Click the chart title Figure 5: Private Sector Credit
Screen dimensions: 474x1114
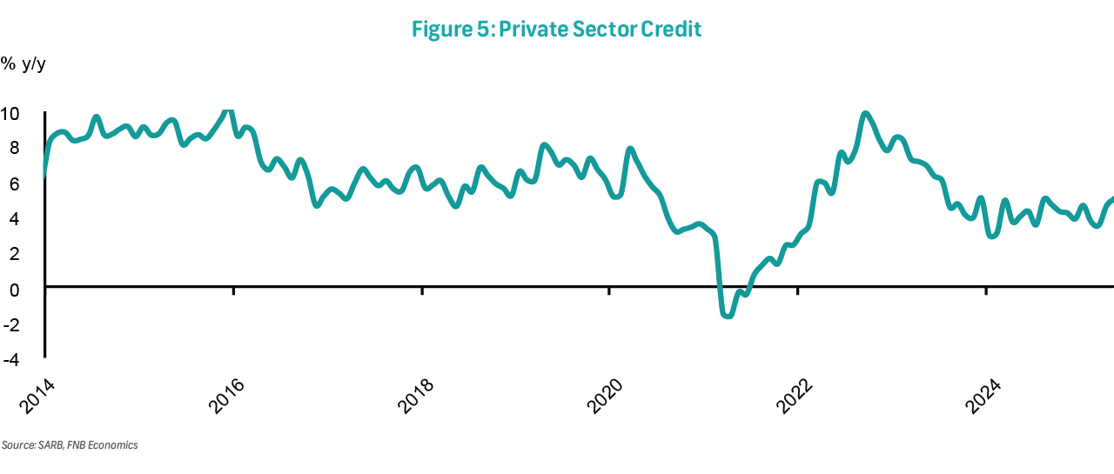coord(556,29)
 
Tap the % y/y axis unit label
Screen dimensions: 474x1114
coord(23,63)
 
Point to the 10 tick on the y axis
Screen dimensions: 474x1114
coord(10,114)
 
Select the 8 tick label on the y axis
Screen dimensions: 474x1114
coord(14,149)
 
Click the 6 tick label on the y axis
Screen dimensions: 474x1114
coord(14,184)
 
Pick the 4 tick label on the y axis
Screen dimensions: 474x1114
coord(14,218)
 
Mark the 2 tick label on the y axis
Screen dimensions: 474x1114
coord(14,253)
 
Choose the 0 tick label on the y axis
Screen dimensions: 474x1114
coord(14,288)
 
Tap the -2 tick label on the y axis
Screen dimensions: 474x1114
coord(11,323)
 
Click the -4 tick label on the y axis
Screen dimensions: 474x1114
coord(11,357)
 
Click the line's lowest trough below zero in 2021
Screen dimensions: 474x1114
coord(728,316)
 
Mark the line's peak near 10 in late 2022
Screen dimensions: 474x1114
coord(864,114)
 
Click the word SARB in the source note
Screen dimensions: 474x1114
coord(49,445)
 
